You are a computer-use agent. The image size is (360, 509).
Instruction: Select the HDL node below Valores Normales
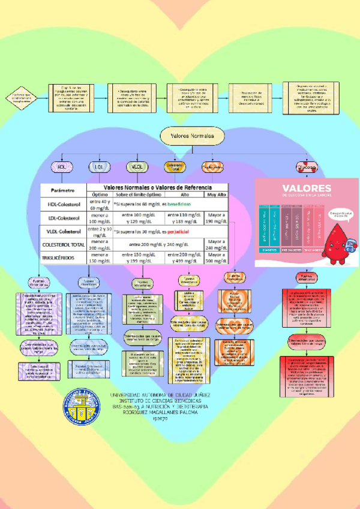[x=61, y=166]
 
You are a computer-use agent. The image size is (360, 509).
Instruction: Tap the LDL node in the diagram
[x=98, y=166]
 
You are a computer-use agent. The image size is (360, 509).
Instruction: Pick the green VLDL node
[x=136, y=166]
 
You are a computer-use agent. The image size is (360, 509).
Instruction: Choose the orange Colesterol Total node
[x=174, y=166]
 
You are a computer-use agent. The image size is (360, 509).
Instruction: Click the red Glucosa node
[x=307, y=166]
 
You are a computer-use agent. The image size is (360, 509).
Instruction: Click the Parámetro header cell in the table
[x=63, y=190]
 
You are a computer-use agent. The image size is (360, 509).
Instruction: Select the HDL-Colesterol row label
[x=63, y=204]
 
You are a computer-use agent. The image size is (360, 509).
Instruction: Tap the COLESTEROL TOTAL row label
[x=63, y=245]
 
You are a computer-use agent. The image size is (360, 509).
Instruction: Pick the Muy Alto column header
[x=217, y=194]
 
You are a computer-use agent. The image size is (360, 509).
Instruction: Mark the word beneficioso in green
[x=175, y=205]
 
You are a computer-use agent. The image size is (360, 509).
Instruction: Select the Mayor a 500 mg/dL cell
[x=217, y=258]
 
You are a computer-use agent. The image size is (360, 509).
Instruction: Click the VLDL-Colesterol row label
[x=63, y=231]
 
